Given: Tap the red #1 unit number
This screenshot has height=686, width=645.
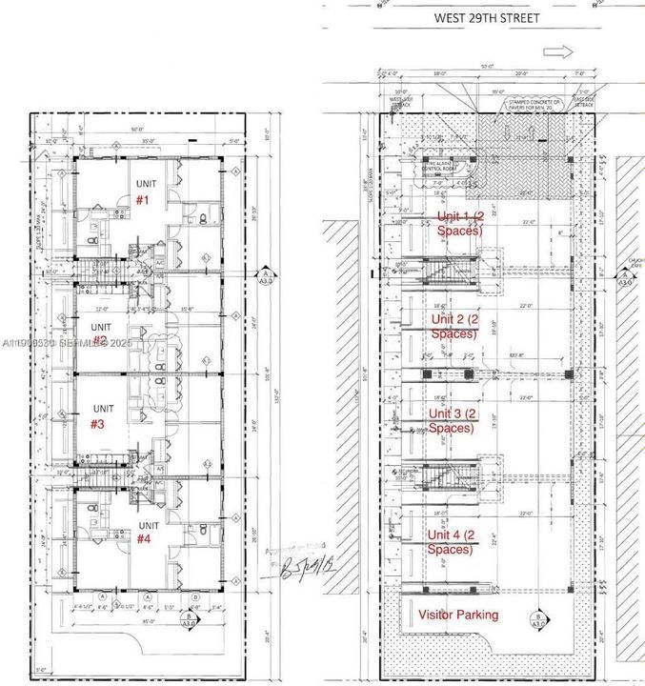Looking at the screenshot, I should pyautogui.click(x=143, y=200).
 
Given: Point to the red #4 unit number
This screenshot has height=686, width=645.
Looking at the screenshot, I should pyautogui.click(x=144, y=539).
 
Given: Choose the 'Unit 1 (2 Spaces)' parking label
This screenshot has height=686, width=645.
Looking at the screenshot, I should pyautogui.click(x=460, y=223).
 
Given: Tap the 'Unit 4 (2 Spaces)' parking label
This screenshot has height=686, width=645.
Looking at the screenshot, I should pyautogui.click(x=452, y=541).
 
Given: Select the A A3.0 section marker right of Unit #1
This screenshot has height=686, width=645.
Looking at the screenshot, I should pyautogui.click(x=263, y=276).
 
